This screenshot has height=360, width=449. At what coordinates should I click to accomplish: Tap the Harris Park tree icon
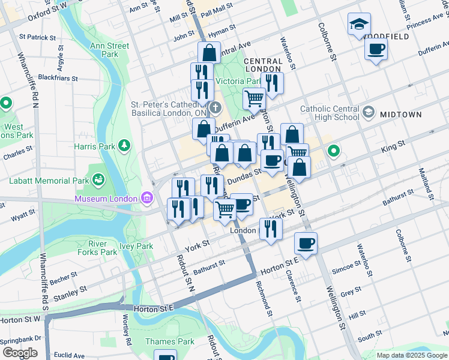(124, 145)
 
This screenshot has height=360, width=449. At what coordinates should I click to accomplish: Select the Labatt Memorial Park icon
(97, 179)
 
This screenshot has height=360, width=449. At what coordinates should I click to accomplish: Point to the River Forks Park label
(103, 248)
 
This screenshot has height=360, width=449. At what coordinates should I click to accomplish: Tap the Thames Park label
(170, 341)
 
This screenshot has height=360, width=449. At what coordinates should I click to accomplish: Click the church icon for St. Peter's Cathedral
(215, 108)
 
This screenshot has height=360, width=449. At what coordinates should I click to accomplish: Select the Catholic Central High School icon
(368, 112)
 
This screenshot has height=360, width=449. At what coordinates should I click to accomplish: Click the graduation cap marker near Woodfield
(359, 24)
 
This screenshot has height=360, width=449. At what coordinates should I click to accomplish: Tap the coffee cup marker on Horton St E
(306, 244)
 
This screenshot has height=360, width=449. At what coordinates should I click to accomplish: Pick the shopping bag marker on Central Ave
(208, 52)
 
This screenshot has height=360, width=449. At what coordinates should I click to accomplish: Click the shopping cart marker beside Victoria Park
(255, 98)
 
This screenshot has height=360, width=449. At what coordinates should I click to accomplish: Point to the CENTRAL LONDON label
(263, 65)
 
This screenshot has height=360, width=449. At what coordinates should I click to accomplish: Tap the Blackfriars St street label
(58, 78)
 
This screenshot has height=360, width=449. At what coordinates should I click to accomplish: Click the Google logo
(19, 353)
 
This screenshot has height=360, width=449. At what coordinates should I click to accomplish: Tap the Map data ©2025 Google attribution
(412, 355)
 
